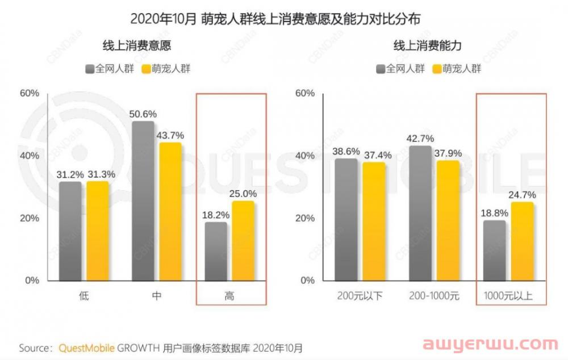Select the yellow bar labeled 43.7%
[x=170, y=211]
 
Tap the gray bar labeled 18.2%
[x=215, y=251]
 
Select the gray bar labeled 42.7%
[x=420, y=213]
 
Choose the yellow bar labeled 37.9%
[x=448, y=220]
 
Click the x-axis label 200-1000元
[x=434, y=296]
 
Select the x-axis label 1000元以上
[x=508, y=296]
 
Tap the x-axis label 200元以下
[x=361, y=296]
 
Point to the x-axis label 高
[x=229, y=296]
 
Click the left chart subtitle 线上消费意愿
[x=136, y=45]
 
